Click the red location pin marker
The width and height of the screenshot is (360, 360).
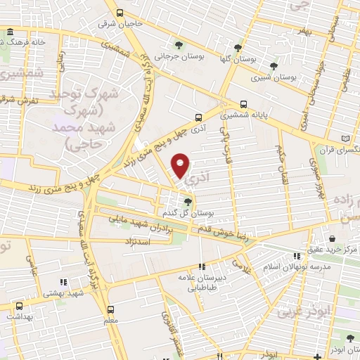[x=181, y=165]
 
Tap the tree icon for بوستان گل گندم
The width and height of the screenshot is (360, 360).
[x=186, y=202]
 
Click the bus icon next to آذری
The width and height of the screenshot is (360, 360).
[x=199, y=117]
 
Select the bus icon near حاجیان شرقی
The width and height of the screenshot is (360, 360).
[x=120, y=13]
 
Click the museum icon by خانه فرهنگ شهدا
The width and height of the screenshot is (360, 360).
[x=9, y=32]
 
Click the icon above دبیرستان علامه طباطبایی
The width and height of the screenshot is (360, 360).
[x=202, y=266]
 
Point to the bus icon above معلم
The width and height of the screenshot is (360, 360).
[x=110, y=309]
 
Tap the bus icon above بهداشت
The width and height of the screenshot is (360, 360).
[x=19, y=307]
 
